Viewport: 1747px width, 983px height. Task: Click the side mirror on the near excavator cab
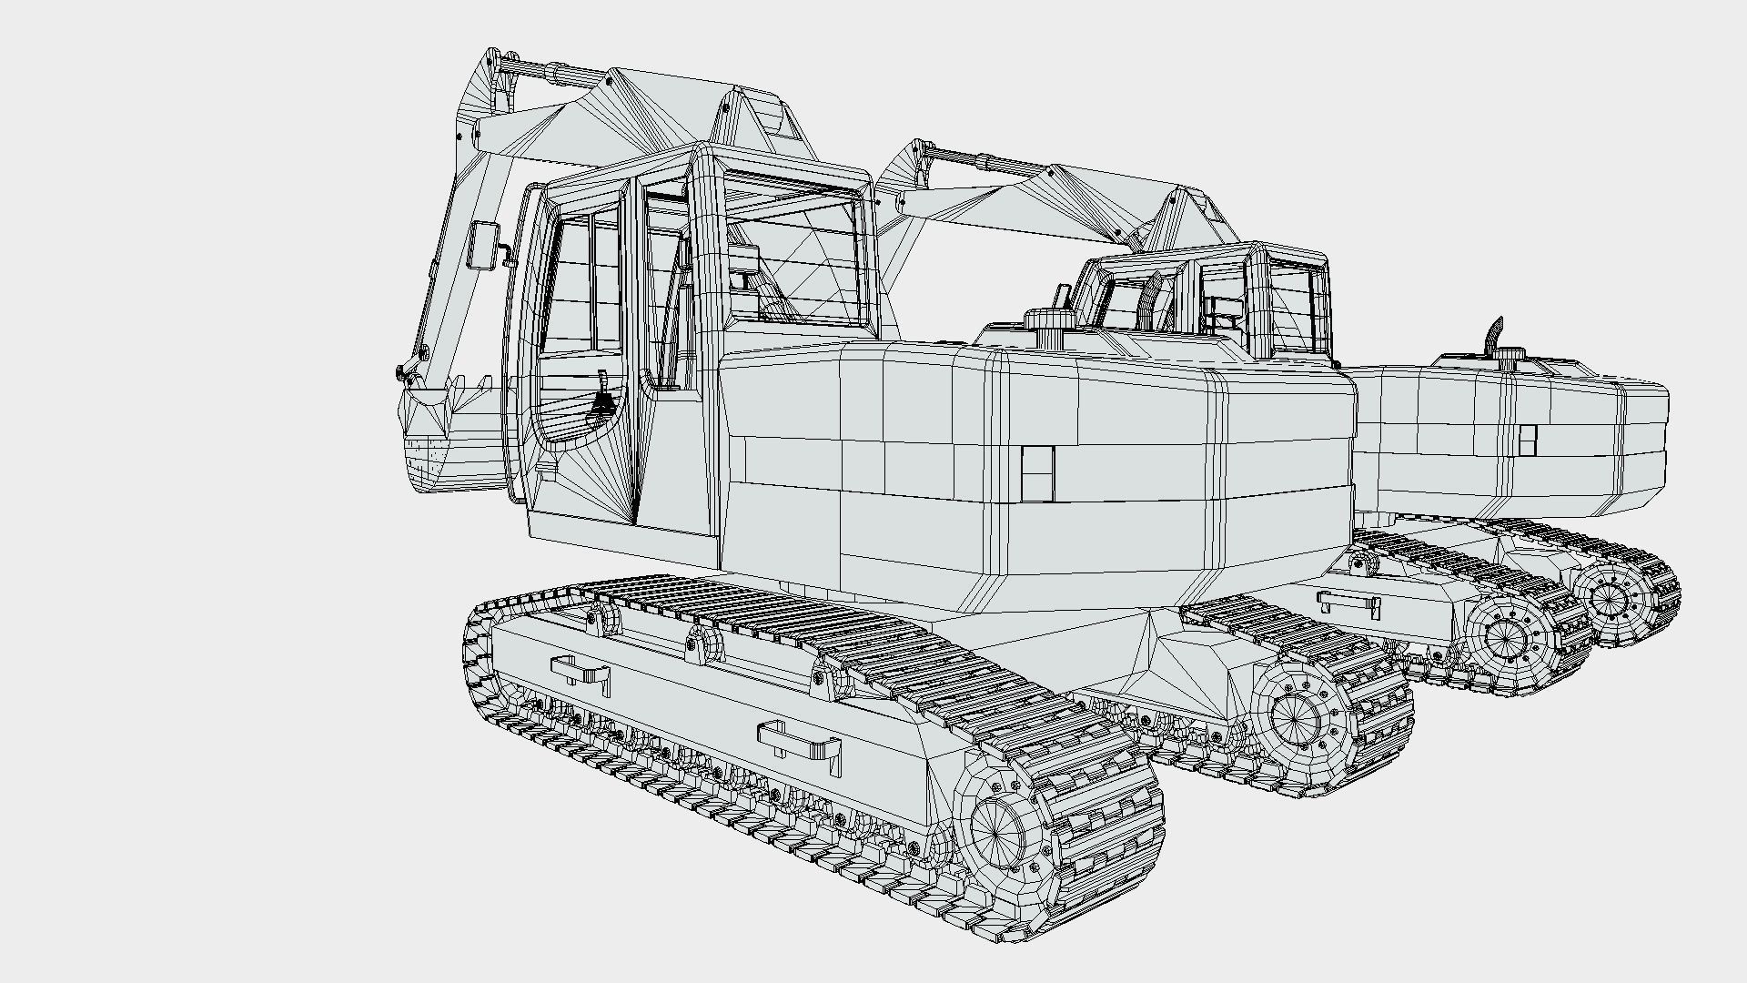[x=481, y=245]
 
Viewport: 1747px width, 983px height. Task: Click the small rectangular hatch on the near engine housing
[x=1037, y=473]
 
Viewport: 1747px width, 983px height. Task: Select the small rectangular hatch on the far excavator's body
[x=1528, y=440]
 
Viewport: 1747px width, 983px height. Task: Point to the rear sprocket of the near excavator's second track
[x=1294, y=719]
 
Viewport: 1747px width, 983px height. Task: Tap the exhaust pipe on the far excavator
[x=1494, y=335]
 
